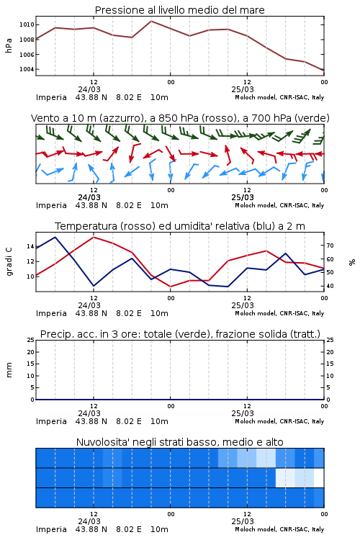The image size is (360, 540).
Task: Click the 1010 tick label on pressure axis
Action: [x=27, y=24]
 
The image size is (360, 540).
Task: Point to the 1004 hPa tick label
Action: [x=27, y=69]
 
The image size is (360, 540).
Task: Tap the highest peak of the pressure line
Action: [x=151, y=21]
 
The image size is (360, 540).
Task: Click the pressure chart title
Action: [x=180, y=10]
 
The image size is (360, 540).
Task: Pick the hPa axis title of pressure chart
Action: [x=9, y=45]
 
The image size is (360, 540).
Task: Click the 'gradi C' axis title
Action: [x=9, y=261]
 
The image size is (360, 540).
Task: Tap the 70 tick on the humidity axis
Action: [x=330, y=246]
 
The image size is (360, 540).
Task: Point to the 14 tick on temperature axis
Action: [x=30, y=246]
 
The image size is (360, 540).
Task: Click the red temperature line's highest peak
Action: [x=94, y=237]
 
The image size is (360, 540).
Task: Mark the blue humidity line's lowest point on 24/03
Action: [x=94, y=286]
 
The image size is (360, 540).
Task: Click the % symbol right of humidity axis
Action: [x=352, y=262]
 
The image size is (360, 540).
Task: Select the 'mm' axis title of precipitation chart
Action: [x=9, y=370]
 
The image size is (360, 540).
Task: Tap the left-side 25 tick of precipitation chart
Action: [x=30, y=340]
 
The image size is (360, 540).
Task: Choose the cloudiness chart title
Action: [x=180, y=442]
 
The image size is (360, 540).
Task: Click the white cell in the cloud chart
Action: [x=319, y=477]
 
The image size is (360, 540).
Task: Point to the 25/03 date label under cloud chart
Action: [x=243, y=521]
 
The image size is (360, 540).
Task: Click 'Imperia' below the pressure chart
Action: [x=51, y=97]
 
